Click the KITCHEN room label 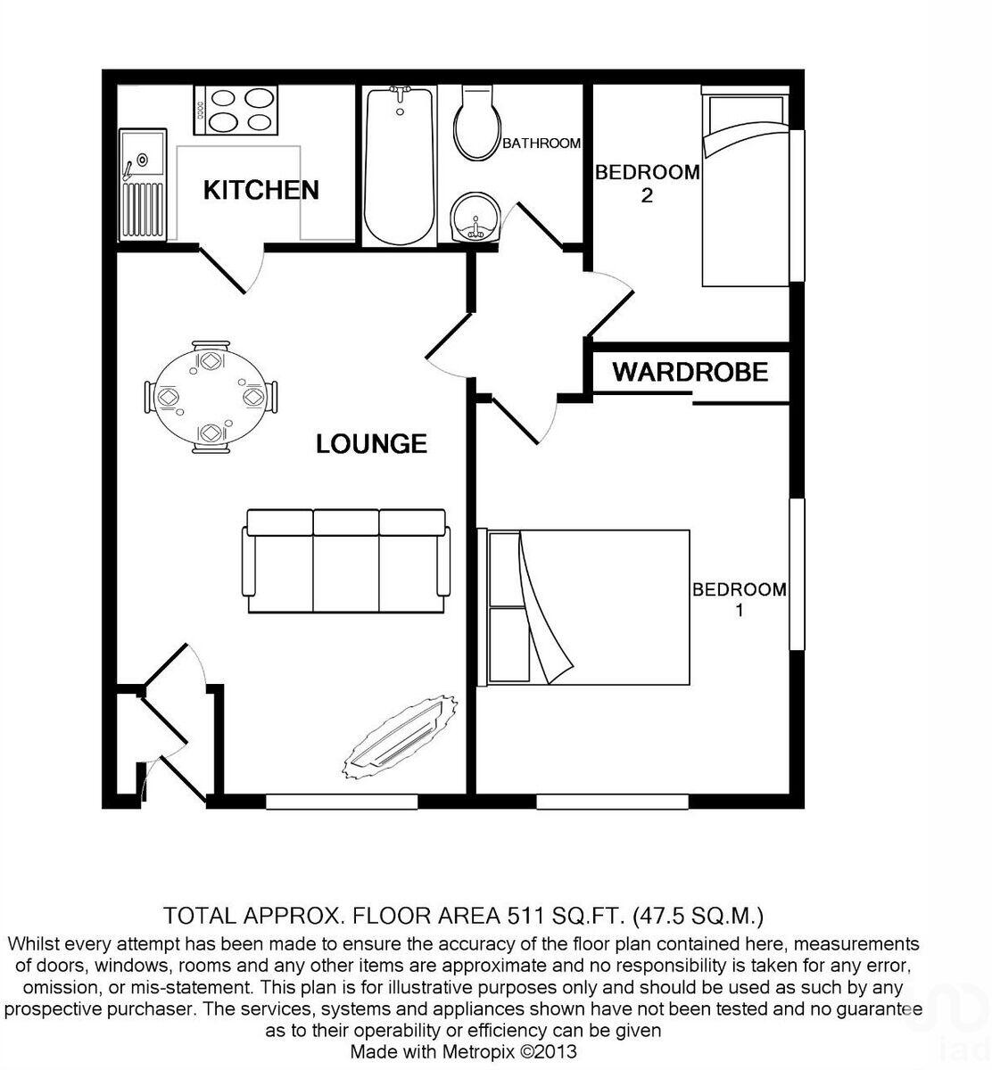tap(260, 190)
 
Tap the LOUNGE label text tap(371, 443)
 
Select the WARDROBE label tap(690, 372)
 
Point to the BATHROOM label tap(541, 144)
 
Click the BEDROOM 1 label tap(740, 599)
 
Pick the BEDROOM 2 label tap(647, 183)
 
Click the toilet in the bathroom tap(476, 125)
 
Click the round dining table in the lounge tap(210, 397)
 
